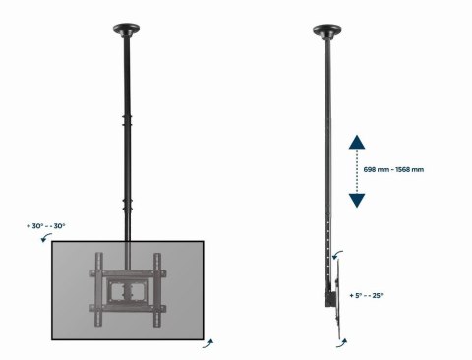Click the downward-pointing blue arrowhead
(x=357, y=200)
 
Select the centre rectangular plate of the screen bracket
(x=126, y=290)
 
